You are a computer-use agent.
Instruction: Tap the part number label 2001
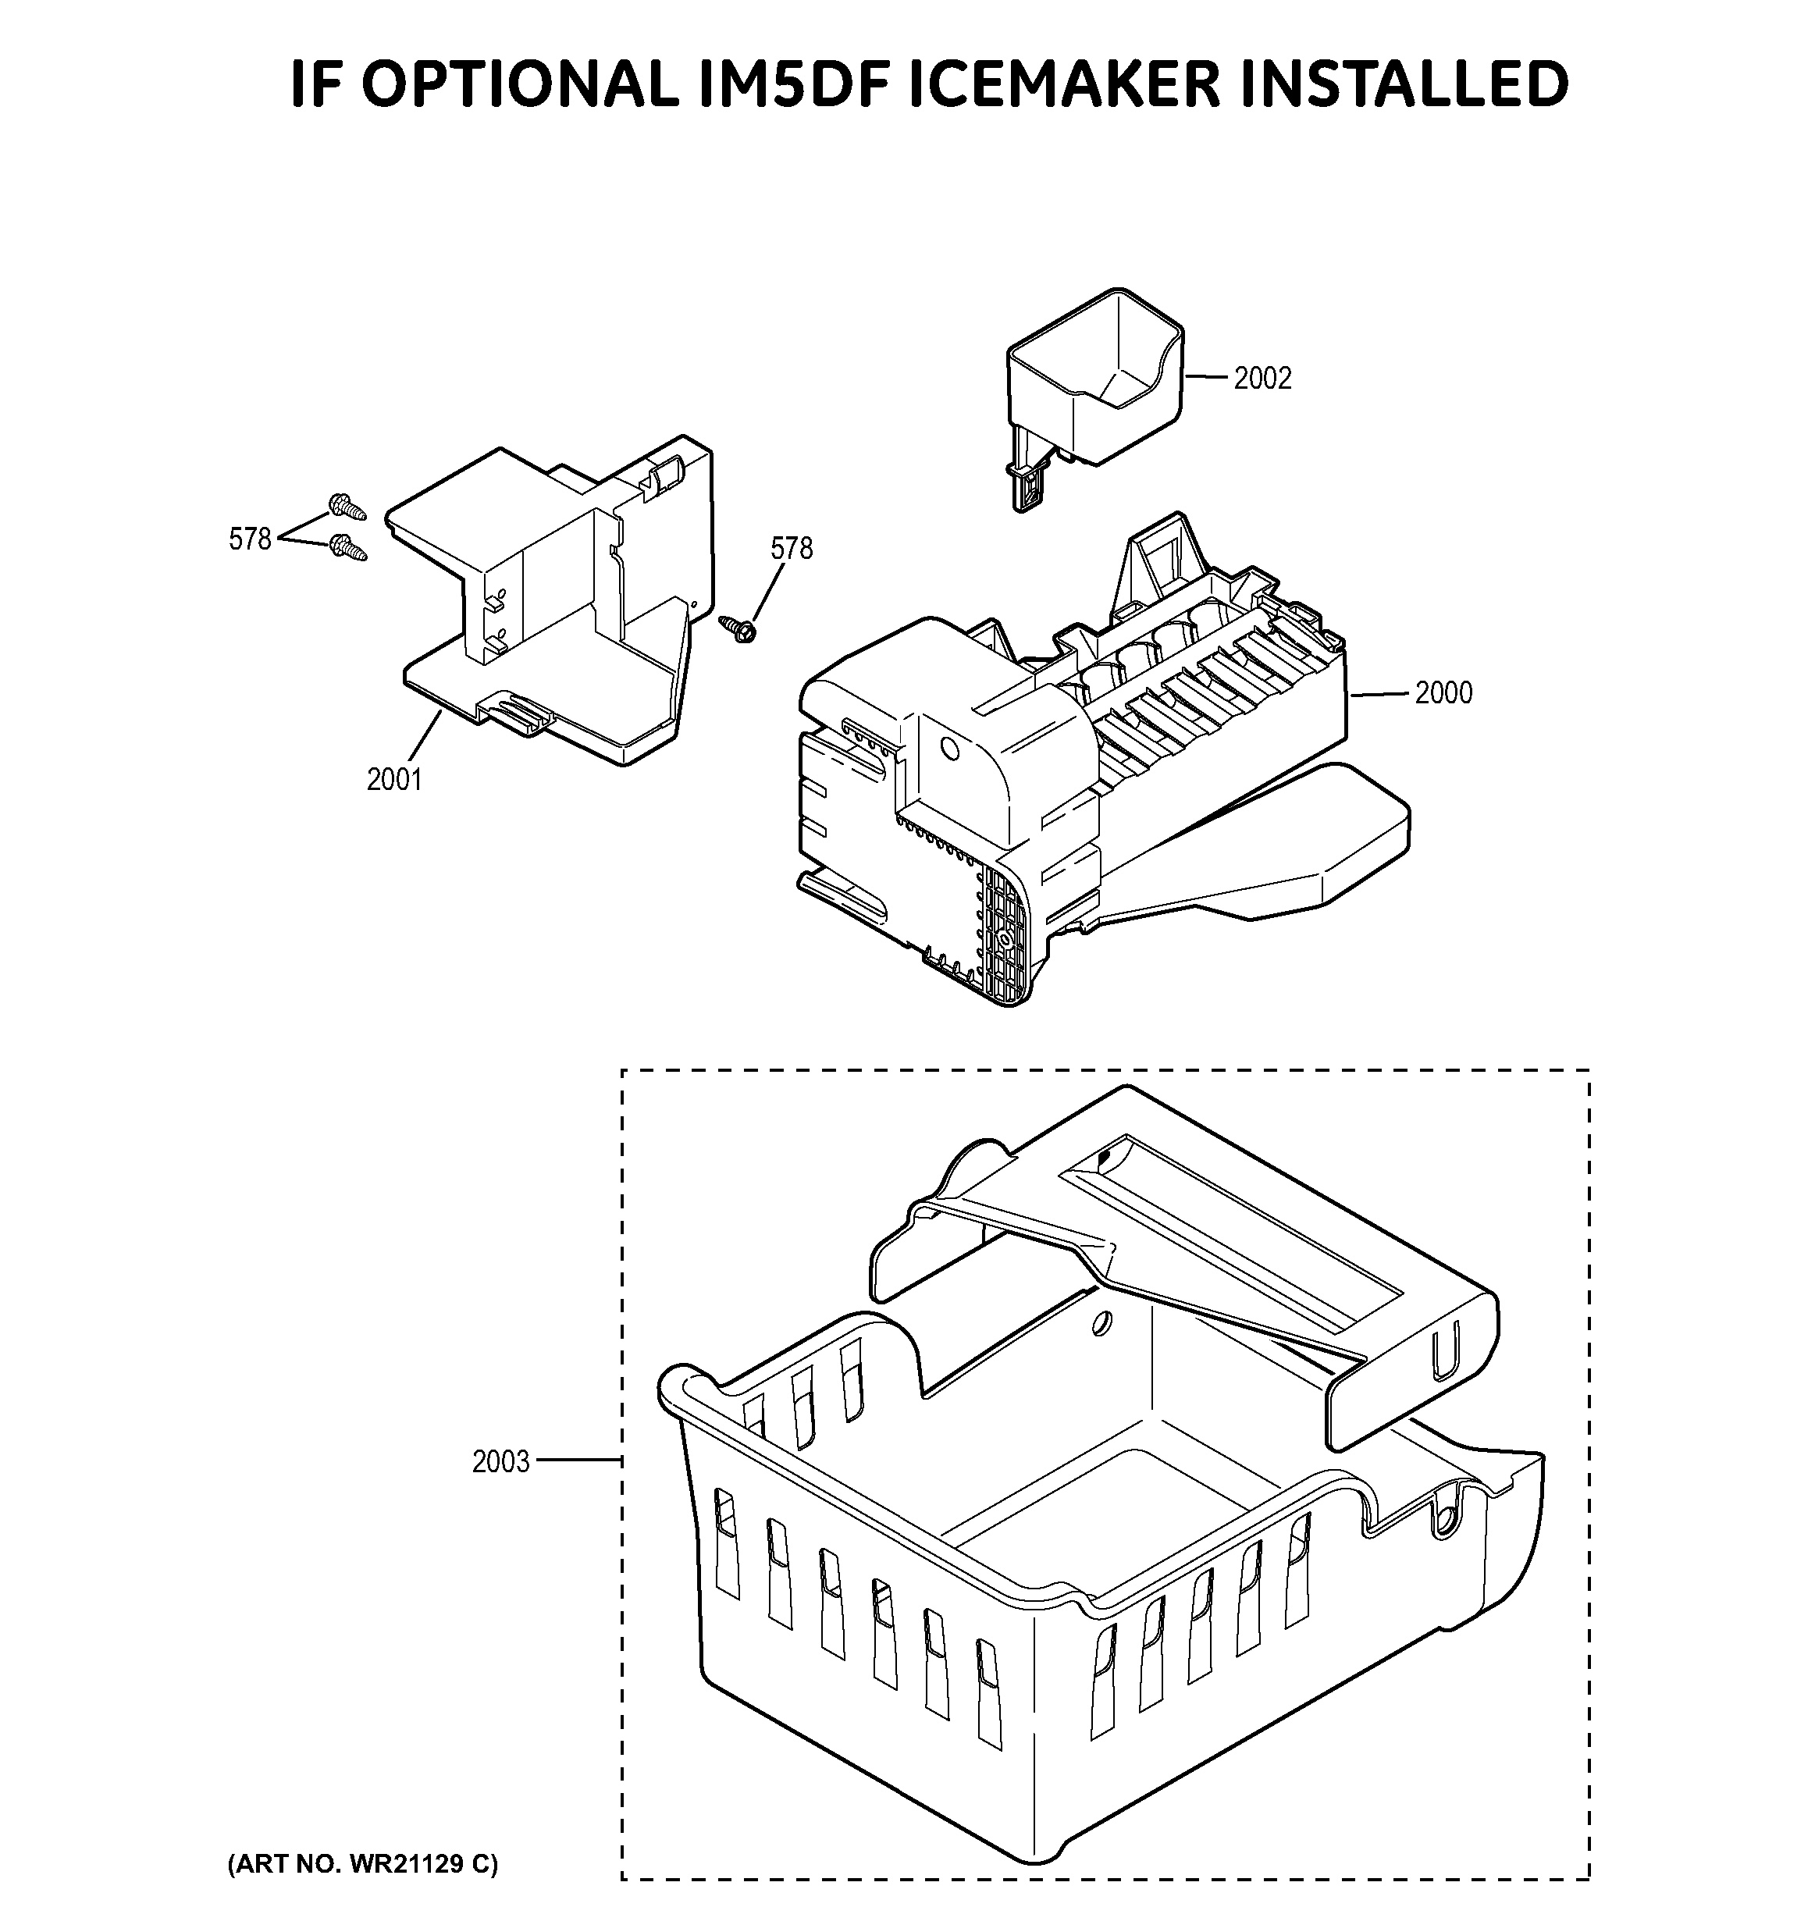tap(394, 778)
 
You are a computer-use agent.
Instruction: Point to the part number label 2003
tap(501, 1461)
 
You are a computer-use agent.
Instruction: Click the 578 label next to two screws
tap(250, 539)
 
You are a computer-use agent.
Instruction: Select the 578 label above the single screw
tap(791, 548)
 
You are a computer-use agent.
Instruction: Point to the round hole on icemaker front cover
tap(949, 750)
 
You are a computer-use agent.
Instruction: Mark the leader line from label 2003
tap(578, 1460)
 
